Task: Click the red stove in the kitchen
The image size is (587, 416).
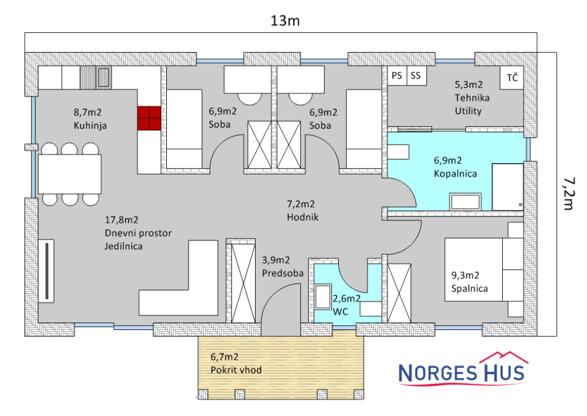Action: click(149, 118)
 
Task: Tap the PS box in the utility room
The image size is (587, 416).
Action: click(397, 76)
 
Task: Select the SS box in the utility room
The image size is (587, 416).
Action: click(416, 76)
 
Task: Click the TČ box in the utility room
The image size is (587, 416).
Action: click(512, 77)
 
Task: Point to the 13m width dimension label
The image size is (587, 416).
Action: click(285, 21)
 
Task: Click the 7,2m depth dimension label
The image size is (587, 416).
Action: click(569, 193)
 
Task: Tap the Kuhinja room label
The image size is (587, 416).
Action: click(90, 126)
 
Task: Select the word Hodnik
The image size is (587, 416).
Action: click(303, 217)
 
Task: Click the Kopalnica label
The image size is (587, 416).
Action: click(455, 174)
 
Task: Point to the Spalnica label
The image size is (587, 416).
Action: click(469, 289)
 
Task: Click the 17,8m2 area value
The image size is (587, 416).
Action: click(122, 220)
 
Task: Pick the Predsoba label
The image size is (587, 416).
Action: click(283, 273)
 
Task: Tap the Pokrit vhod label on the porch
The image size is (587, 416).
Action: click(236, 370)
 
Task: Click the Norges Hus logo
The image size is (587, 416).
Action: click(462, 369)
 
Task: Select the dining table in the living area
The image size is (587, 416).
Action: click(69, 174)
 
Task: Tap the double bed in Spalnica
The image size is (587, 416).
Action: click(484, 270)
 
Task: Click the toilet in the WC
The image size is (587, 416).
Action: click(323, 297)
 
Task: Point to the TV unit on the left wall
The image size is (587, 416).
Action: click(46, 271)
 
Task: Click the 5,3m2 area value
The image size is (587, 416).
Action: click(469, 85)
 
